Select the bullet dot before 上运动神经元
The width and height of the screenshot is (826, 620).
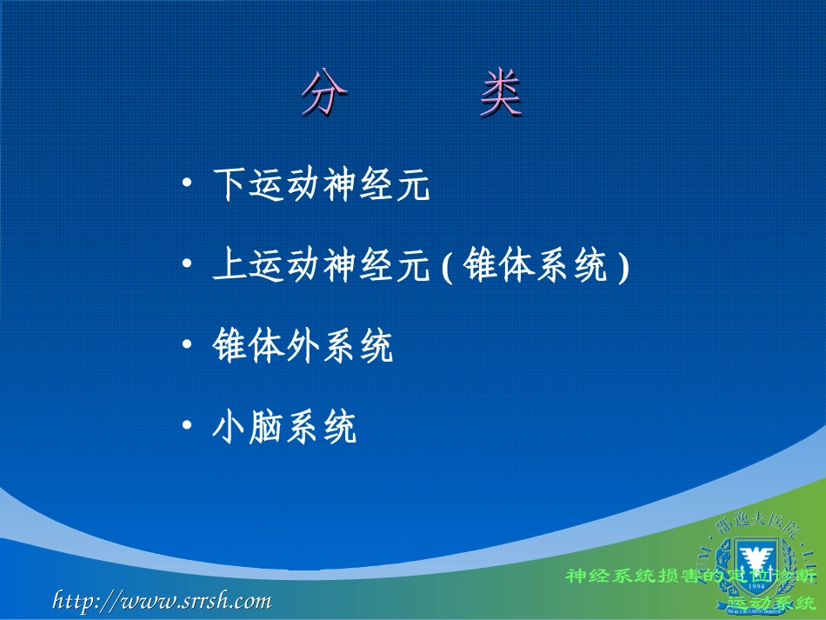point(187,264)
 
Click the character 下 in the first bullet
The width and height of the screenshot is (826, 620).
point(230,185)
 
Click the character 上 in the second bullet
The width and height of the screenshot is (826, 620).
point(230,265)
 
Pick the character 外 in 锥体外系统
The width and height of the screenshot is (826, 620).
point(303,346)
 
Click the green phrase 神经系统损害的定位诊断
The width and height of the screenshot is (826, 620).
point(691,576)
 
